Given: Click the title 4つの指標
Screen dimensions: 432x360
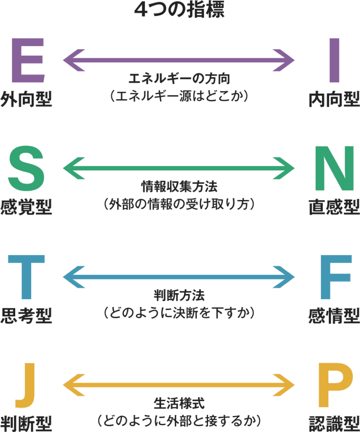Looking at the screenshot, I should pyautogui.click(x=179, y=10).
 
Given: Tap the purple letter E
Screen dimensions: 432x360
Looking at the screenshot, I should pyautogui.click(x=27, y=60).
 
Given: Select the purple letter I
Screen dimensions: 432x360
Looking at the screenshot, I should pyautogui.click(x=334, y=60).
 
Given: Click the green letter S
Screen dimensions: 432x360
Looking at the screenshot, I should pyautogui.click(x=26, y=168).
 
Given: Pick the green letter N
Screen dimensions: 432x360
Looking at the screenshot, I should pyautogui.click(x=334, y=168).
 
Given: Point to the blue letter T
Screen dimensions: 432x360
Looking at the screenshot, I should pyautogui.click(x=26, y=276).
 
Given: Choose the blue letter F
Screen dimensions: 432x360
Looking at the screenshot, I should pyautogui.click(x=336, y=276).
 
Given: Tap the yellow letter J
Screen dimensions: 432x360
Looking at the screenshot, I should pyautogui.click(x=26, y=385).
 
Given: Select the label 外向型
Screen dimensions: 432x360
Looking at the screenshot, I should pyautogui.click(x=26, y=100).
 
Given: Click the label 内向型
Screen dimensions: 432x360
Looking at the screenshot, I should pyautogui.click(x=334, y=100).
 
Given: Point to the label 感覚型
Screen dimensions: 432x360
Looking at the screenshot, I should pyautogui.click(x=26, y=208).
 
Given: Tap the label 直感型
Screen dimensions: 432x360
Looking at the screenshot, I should pyautogui.click(x=334, y=208).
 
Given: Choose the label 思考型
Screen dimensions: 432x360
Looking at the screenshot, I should pyautogui.click(x=26, y=316).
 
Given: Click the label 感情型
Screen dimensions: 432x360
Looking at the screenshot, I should pyautogui.click(x=334, y=316).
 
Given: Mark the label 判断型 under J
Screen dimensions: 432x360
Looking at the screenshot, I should pyautogui.click(x=26, y=423).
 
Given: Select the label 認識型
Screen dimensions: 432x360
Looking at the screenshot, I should pyautogui.click(x=334, y=423).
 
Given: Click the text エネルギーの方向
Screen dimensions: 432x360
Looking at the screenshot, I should pyautogui.click(x=179, y=79).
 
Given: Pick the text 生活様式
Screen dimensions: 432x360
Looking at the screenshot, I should pyautogui.click(x=179, y=403).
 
